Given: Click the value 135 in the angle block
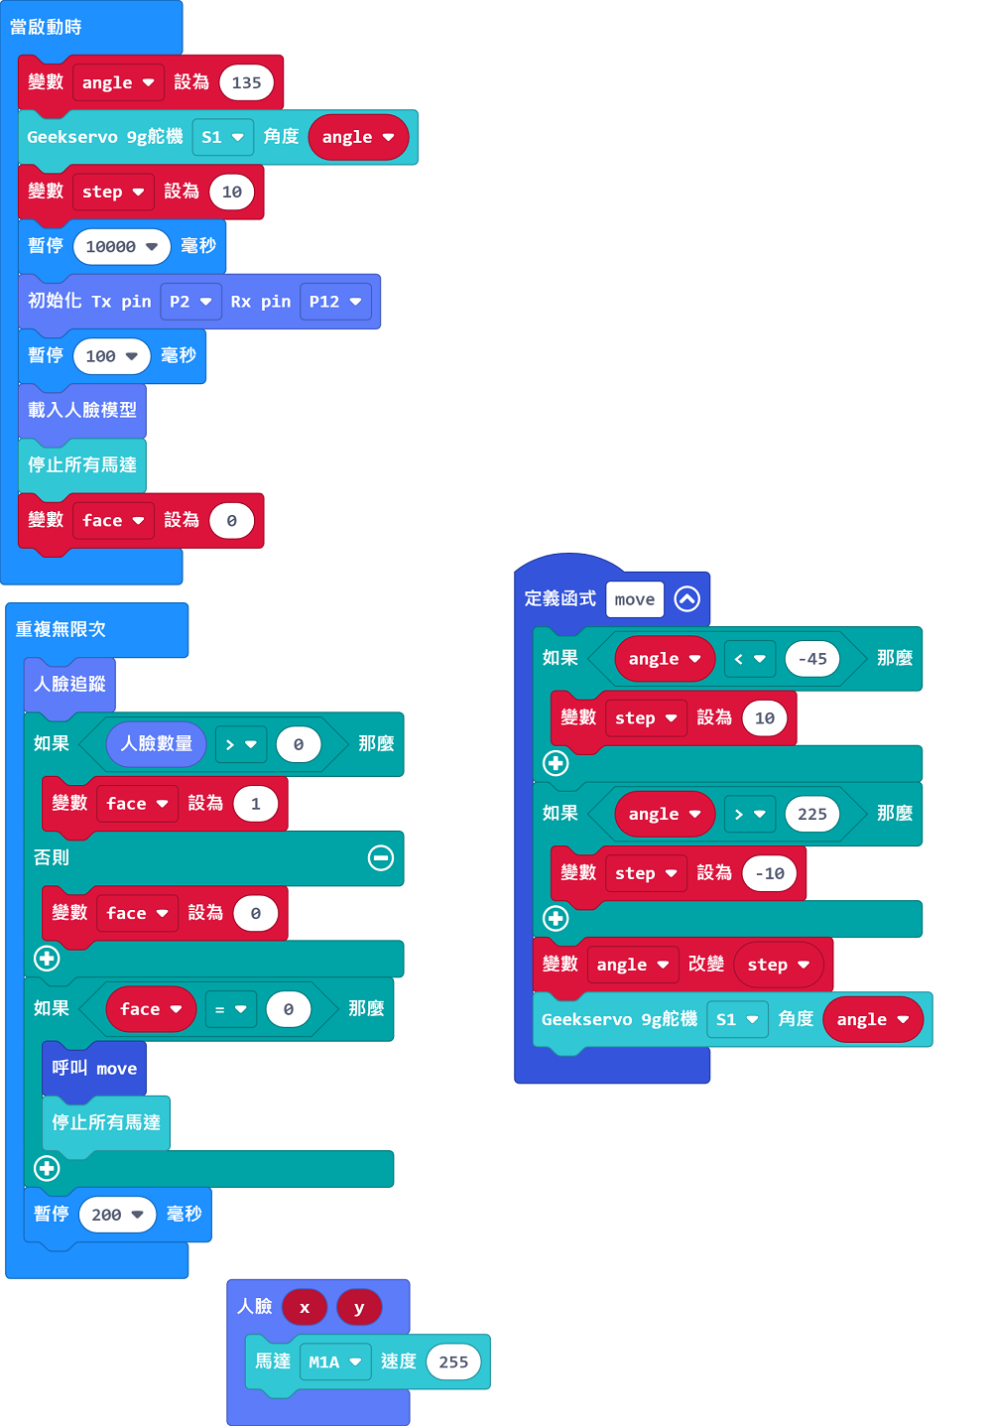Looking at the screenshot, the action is coord(246,82).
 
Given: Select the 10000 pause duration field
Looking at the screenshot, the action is coord(122,246).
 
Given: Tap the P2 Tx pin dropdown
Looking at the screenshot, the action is coord(190,301).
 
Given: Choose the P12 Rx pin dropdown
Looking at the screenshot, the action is coord(334,301).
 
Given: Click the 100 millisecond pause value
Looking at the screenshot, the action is coord(111,356).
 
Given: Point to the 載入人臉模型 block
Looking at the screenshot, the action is coord(82,410).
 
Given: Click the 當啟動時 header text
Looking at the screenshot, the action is coord(46,27).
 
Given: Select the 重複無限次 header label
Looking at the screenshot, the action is coord(61,629).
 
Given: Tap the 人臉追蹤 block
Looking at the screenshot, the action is coord(70,685).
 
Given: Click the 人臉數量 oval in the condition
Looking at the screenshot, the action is coord(156,743).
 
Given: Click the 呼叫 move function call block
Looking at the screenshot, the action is coord(94,1068).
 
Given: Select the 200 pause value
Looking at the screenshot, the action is coord(117,1215).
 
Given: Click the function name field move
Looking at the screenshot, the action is coord(635,599).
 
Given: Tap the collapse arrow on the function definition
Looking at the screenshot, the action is coord(686,599).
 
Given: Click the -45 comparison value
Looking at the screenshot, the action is coord(811,659).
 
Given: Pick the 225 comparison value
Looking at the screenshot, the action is coord(811,815).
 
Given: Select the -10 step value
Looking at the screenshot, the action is coord(769,873).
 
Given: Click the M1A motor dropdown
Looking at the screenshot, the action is coord(334,1361).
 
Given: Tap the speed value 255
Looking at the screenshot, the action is coord(453,1361).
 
